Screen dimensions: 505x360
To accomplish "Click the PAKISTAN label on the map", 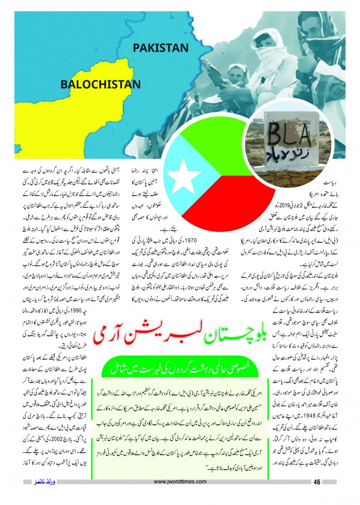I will click(160, 48).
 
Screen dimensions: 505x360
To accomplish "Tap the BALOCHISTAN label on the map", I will click(100, 83).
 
